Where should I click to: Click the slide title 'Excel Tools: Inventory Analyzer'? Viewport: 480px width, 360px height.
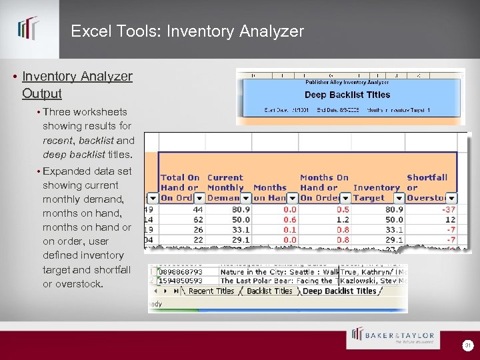[x=187, y=31]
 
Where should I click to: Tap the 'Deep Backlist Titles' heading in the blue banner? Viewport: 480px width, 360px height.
[x=347, y=95]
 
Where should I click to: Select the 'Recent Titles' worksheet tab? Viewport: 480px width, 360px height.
[x=211, y=291]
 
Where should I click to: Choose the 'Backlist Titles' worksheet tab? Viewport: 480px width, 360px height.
[x=269, y=291]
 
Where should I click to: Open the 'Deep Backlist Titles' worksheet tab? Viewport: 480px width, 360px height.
[x=339, y=291]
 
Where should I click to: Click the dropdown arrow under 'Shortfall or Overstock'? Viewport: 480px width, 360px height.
[x=451, y=198]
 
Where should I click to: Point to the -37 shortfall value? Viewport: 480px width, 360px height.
[x=447, y=209]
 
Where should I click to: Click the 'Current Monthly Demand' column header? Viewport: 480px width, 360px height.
[x=225, y=187]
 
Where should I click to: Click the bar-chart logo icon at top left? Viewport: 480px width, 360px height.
[x=28, y=29]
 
